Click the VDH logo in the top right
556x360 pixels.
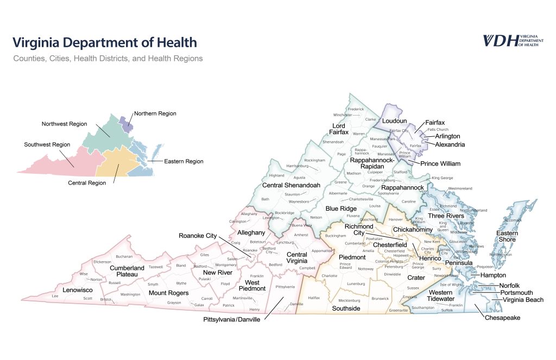510,41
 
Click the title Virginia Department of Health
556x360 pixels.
105,42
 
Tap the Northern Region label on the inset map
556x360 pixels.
155,113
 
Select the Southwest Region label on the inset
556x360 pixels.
47,145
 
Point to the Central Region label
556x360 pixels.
87,183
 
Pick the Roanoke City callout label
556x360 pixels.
198,236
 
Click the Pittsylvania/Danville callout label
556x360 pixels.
232,320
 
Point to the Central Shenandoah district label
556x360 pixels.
290,185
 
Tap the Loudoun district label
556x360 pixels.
394,120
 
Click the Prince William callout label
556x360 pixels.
440,163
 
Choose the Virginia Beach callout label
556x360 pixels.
523,300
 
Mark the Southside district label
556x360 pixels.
346,308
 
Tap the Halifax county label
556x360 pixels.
314,298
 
